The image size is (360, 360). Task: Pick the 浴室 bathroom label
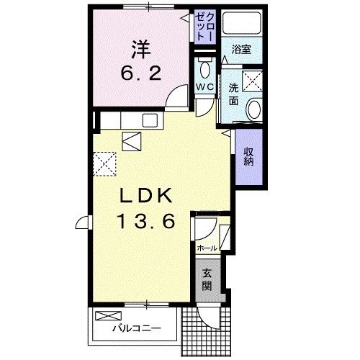coord(240,50)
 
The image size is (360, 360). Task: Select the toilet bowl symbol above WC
coord(205,69)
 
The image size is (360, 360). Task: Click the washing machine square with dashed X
coord(252,80)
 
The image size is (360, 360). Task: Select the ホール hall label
coord(207,248)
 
